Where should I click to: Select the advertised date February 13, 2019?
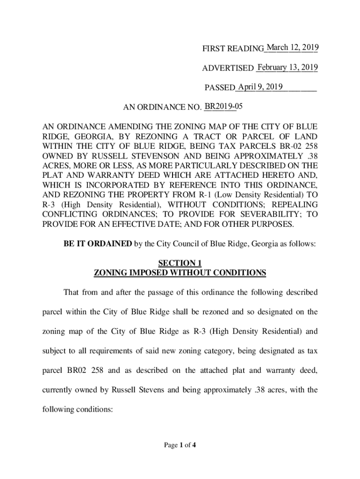click(x=288, y=68)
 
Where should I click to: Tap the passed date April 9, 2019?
click(x=260, y=87)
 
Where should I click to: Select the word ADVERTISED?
click(x=228, y=69)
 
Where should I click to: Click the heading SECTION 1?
click(x=180, y=263)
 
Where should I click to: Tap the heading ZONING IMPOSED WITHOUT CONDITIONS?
click(x=180, y=273)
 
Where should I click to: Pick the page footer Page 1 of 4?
click(x=180, y=445)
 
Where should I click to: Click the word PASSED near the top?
click(x=220, y=88)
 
